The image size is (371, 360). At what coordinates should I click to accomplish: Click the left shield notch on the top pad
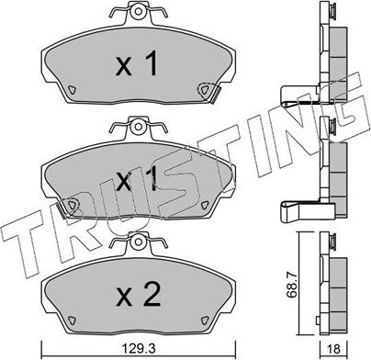tap(73, 89)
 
